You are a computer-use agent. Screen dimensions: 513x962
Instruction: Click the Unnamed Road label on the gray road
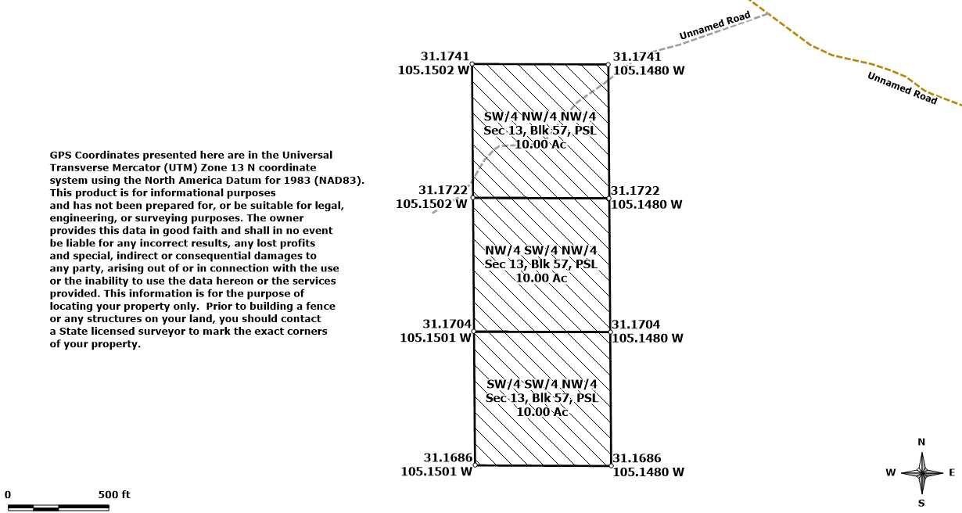(x=714, y=26)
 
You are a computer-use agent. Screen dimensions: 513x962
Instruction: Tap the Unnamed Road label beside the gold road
(x=902, y=88)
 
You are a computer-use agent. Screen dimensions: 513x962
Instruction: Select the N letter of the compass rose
(x=921, y=443)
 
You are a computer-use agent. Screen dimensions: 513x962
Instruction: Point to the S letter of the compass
(x=921, y=503)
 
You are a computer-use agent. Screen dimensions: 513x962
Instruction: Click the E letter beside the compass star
(x=952, y=472)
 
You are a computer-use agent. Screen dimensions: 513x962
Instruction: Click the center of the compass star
(x=922, y=472)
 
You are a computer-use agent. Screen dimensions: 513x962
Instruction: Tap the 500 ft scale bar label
(x=114, y=494)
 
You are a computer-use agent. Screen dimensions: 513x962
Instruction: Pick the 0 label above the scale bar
(x=8, y=494)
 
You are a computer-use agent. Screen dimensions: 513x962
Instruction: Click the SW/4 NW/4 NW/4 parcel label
(x=540, y=117)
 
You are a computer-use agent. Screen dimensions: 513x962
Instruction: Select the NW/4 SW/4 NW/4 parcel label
(x=540, y=250)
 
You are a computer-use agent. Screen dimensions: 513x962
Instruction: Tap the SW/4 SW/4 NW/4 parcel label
(x=541, y=384)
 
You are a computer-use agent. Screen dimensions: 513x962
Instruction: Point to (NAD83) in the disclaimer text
(x=339, y=180)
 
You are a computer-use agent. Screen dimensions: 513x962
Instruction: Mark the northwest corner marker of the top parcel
(x=472, y=64)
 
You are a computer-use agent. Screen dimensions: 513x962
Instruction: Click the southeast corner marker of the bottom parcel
(x=610, y=466)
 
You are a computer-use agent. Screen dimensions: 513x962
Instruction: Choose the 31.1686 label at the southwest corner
(x=447, y=458)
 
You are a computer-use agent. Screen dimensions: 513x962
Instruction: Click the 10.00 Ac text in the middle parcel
(x=540, y=278)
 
